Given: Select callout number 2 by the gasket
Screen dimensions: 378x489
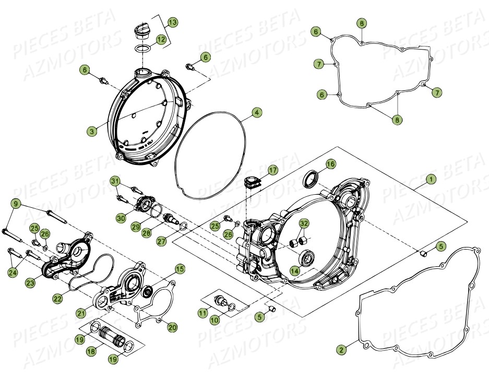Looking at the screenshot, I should (x=341, y=350).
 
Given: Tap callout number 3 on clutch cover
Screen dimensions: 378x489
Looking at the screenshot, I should (x=92, y=132).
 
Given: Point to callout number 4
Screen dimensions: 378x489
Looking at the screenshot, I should (x=257, y=112).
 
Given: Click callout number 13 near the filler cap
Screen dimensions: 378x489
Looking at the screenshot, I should (x=172, y=22).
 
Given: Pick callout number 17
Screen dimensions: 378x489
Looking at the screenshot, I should (x=272, y=170).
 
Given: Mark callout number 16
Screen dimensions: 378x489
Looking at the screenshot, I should (x=330, y=164).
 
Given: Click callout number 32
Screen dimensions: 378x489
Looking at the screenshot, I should (x=304, y=223).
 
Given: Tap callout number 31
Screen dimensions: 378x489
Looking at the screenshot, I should (x=115, y=181).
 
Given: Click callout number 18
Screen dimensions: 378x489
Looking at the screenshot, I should (x=91, y=352).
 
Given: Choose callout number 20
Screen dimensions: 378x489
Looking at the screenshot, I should (x=172, y=327).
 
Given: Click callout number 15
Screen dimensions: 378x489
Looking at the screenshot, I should (x=180, y=269).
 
